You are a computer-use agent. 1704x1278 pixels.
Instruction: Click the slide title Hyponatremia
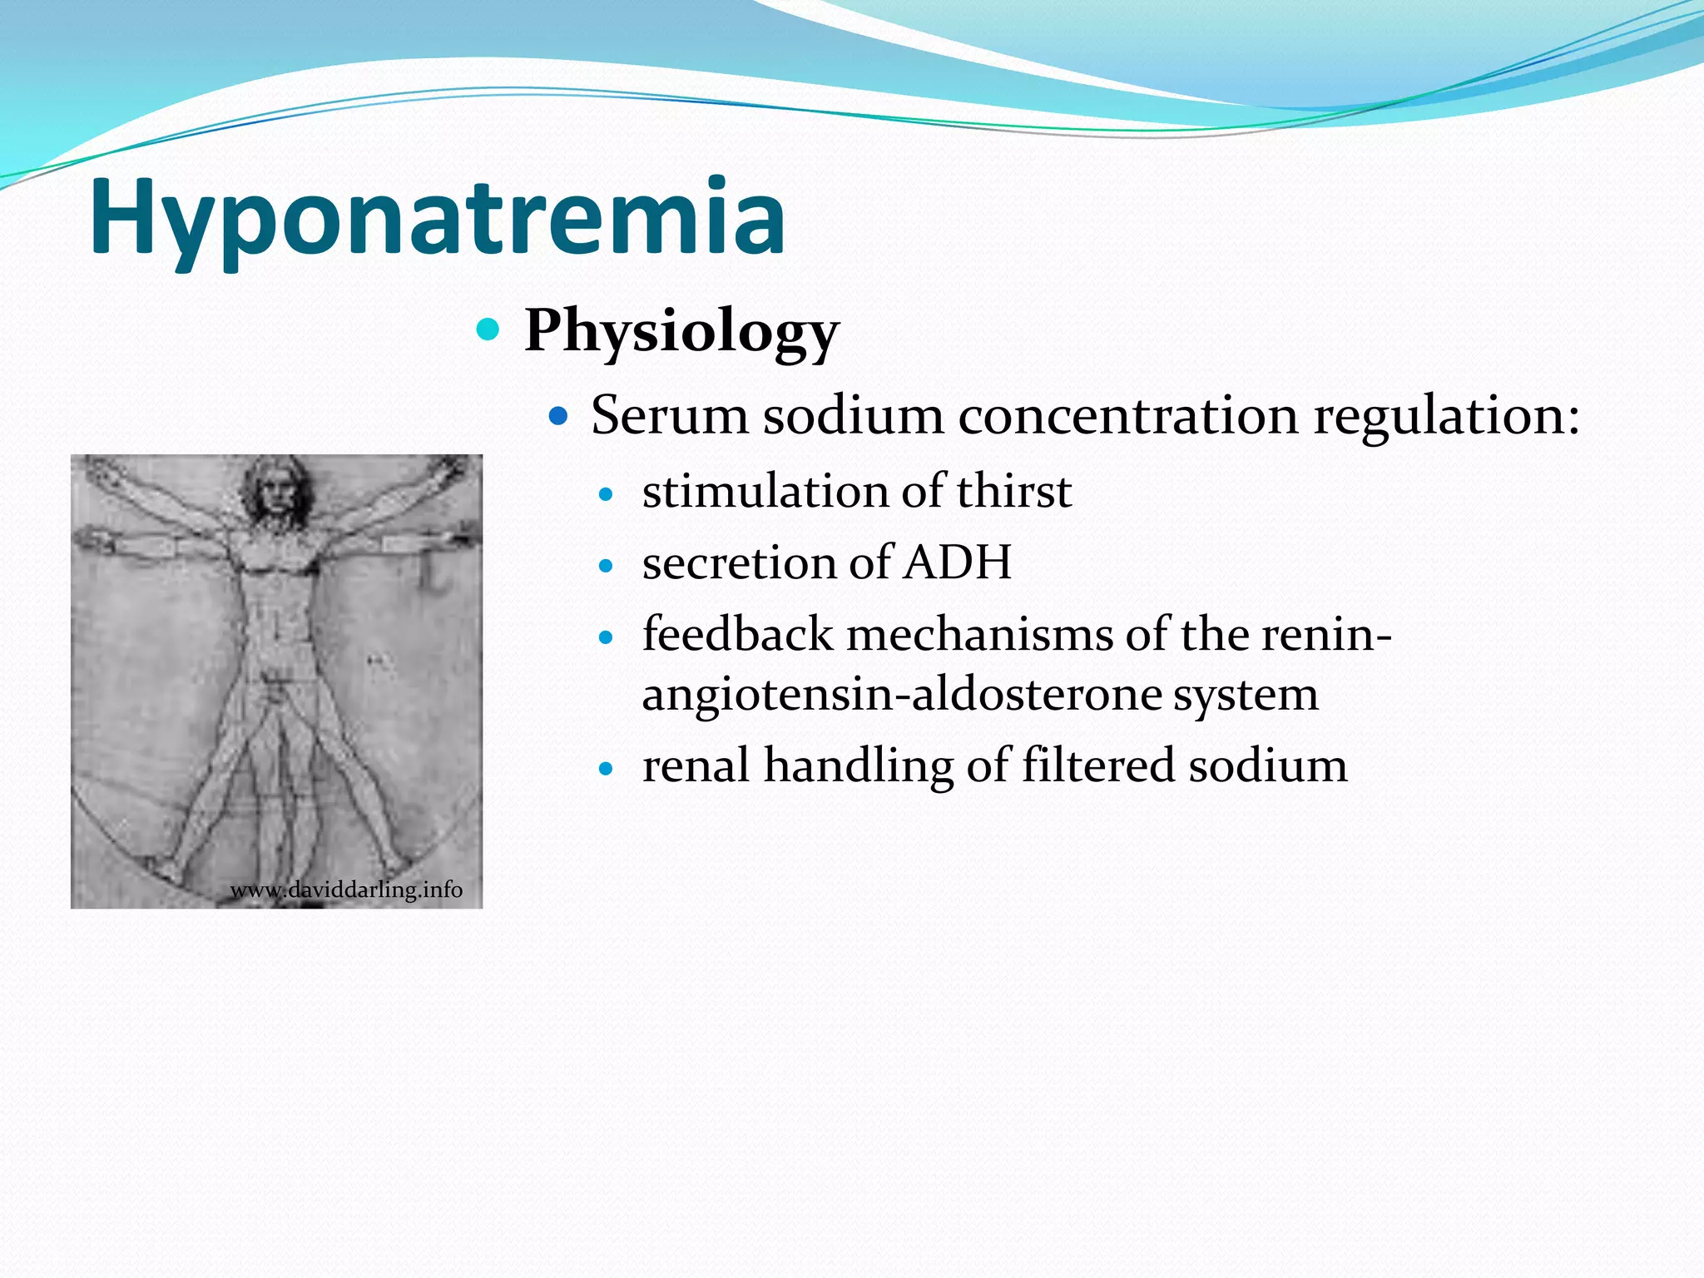point(437,218)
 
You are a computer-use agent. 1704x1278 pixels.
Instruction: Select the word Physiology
point(681,331)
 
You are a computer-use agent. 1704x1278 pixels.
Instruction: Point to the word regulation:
point(1446,416)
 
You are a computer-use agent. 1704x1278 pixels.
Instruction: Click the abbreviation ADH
point(957,562)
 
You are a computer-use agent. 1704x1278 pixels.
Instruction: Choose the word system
point(1246,696)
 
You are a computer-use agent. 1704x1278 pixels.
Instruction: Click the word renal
point(696,765)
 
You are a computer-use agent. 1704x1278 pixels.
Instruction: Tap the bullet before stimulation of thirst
point(606,495)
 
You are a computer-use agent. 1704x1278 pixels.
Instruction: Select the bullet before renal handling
point(606,770)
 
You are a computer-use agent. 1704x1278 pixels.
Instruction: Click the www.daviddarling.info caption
point(345,890)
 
